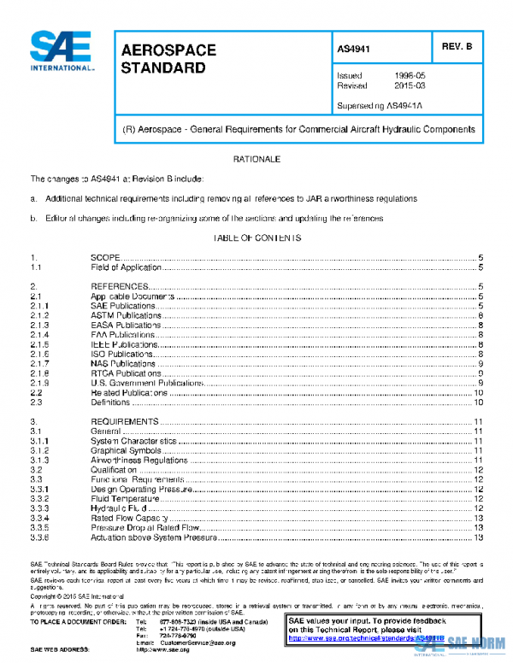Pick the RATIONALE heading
[256, 160]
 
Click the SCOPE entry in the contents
[104, 257]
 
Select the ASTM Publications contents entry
[126, 315]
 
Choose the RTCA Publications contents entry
[126, 373]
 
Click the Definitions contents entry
[110, 402]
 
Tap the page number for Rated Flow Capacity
[479, 518]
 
